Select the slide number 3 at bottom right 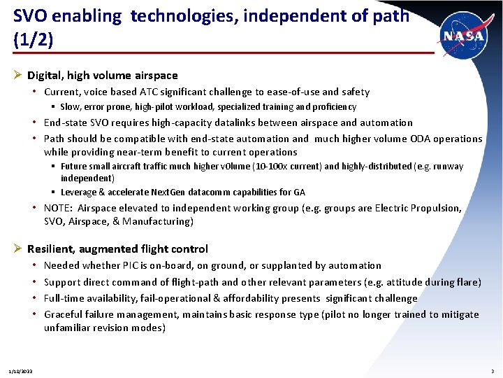click(493, 370)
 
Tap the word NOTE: click(59, 208)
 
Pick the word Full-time click(64, 298)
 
